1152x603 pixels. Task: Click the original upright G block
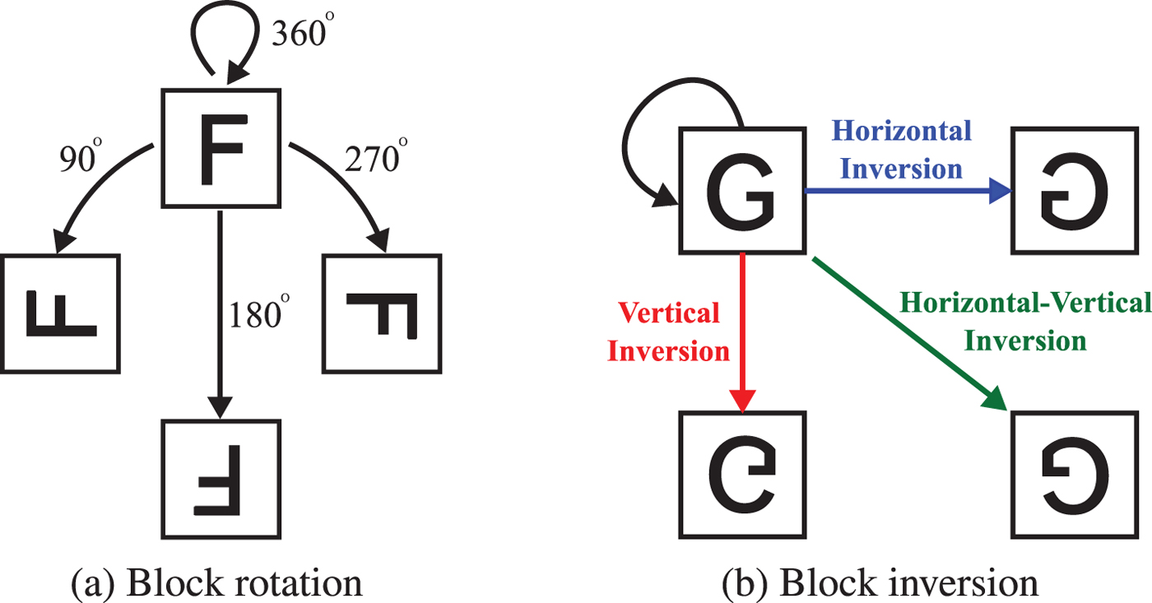[741, 191]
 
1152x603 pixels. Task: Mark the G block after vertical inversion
[741, 475]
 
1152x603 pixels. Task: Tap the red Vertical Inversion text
[673, 332]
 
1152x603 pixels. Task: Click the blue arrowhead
[999, 191]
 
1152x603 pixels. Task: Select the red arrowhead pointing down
[742, 401]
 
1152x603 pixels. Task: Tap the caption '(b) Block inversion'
[880, 582]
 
